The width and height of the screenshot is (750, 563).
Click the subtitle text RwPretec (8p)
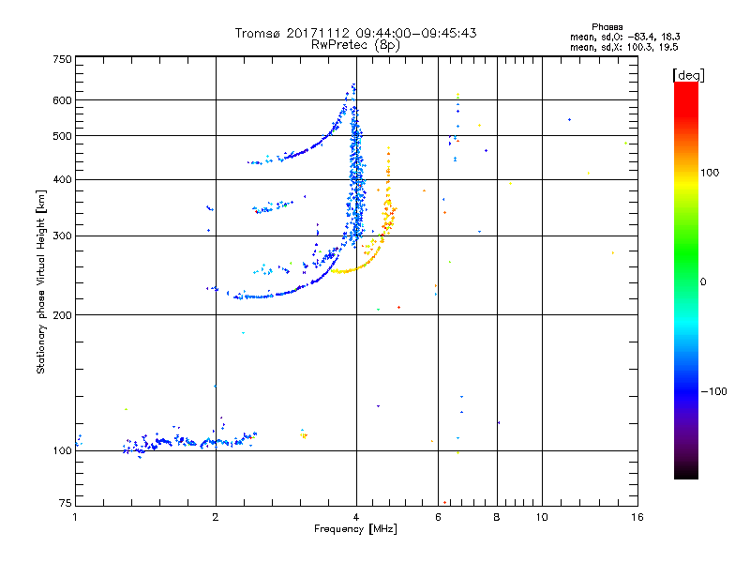[x=355, y=44]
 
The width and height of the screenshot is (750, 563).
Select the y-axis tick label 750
[x=62, y=59]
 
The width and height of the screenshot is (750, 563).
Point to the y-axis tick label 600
[x=62, y=100]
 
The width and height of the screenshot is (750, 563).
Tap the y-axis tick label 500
[x=62, y=136]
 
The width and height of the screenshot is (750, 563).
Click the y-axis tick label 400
[x=62, y=180]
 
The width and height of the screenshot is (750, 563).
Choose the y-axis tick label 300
[x=62, y=236]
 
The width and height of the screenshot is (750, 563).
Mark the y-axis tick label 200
[x=62, y=315]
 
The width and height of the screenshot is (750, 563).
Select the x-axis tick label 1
[x=75, y=517]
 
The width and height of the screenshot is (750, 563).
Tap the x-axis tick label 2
[x=216, y=517]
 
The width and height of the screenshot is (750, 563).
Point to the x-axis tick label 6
[x=438, y=517]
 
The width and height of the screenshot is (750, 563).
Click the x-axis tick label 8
[x=497, y=517]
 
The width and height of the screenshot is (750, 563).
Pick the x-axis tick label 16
[x=637, y=517]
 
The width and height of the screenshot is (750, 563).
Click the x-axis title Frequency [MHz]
[x=355, y=529]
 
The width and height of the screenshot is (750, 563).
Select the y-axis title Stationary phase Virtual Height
[x=41, y=282]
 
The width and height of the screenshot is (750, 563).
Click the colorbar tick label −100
[x=719, y=391]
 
